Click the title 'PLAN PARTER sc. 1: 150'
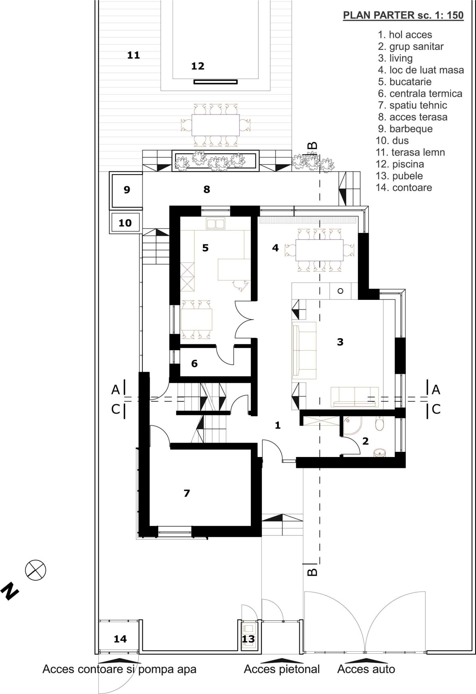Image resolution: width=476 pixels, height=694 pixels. (x=403, y=16)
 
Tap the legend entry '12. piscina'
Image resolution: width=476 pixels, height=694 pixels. (x=400, y=164)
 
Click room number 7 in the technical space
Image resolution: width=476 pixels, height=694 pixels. (x=186, y=493)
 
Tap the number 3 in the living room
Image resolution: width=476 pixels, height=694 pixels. (x=340, y=342)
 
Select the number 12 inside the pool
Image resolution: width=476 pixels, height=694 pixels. (x=198, y=66)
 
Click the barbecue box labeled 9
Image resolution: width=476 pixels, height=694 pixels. (x=126, y=190)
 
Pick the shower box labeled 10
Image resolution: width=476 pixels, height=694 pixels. (x=125, y=222)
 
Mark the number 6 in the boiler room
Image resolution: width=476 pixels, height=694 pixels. (x=194, y=364)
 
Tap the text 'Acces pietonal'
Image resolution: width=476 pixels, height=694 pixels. (x=282, y=669)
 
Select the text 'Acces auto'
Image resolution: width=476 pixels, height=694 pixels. (x=366, y=669)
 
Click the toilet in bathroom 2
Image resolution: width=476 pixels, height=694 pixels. (x=380, y=424)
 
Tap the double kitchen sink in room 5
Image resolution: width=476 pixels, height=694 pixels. (x=215, y=223)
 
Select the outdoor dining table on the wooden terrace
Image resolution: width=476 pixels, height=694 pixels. (x=215, y=125)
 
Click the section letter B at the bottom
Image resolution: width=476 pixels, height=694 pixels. (x=312, y=571)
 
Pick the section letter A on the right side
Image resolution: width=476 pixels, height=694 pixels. (x=436, y=390)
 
